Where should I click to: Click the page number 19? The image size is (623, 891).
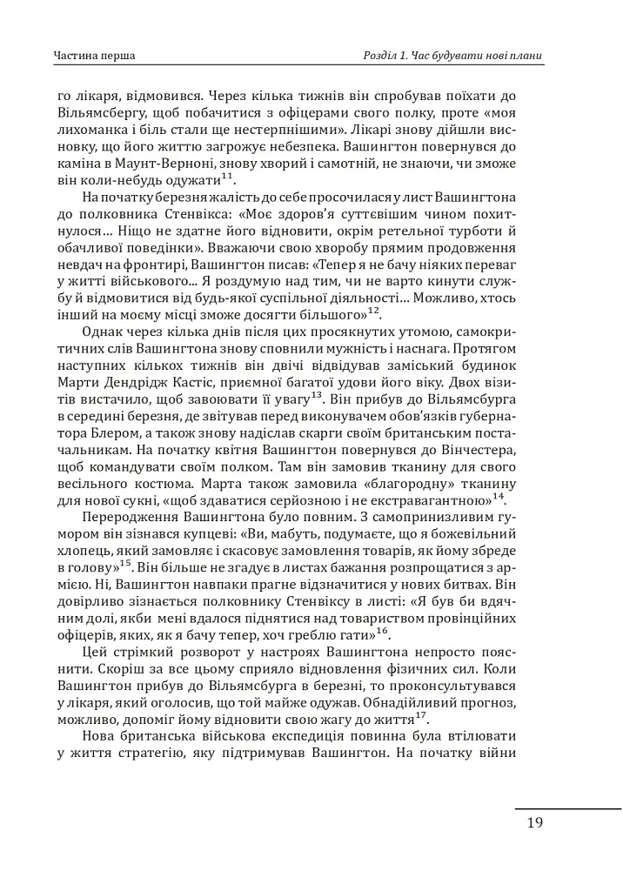tap(535, 823)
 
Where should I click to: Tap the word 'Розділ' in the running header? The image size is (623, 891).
tap(383, 57)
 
